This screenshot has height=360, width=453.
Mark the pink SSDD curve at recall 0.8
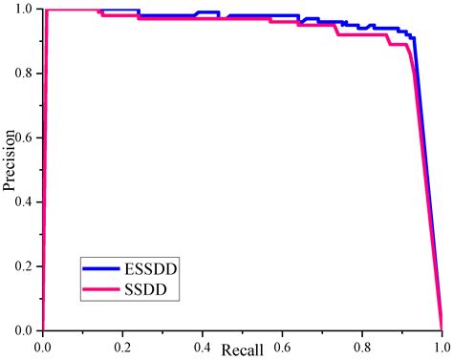point(362,35)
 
